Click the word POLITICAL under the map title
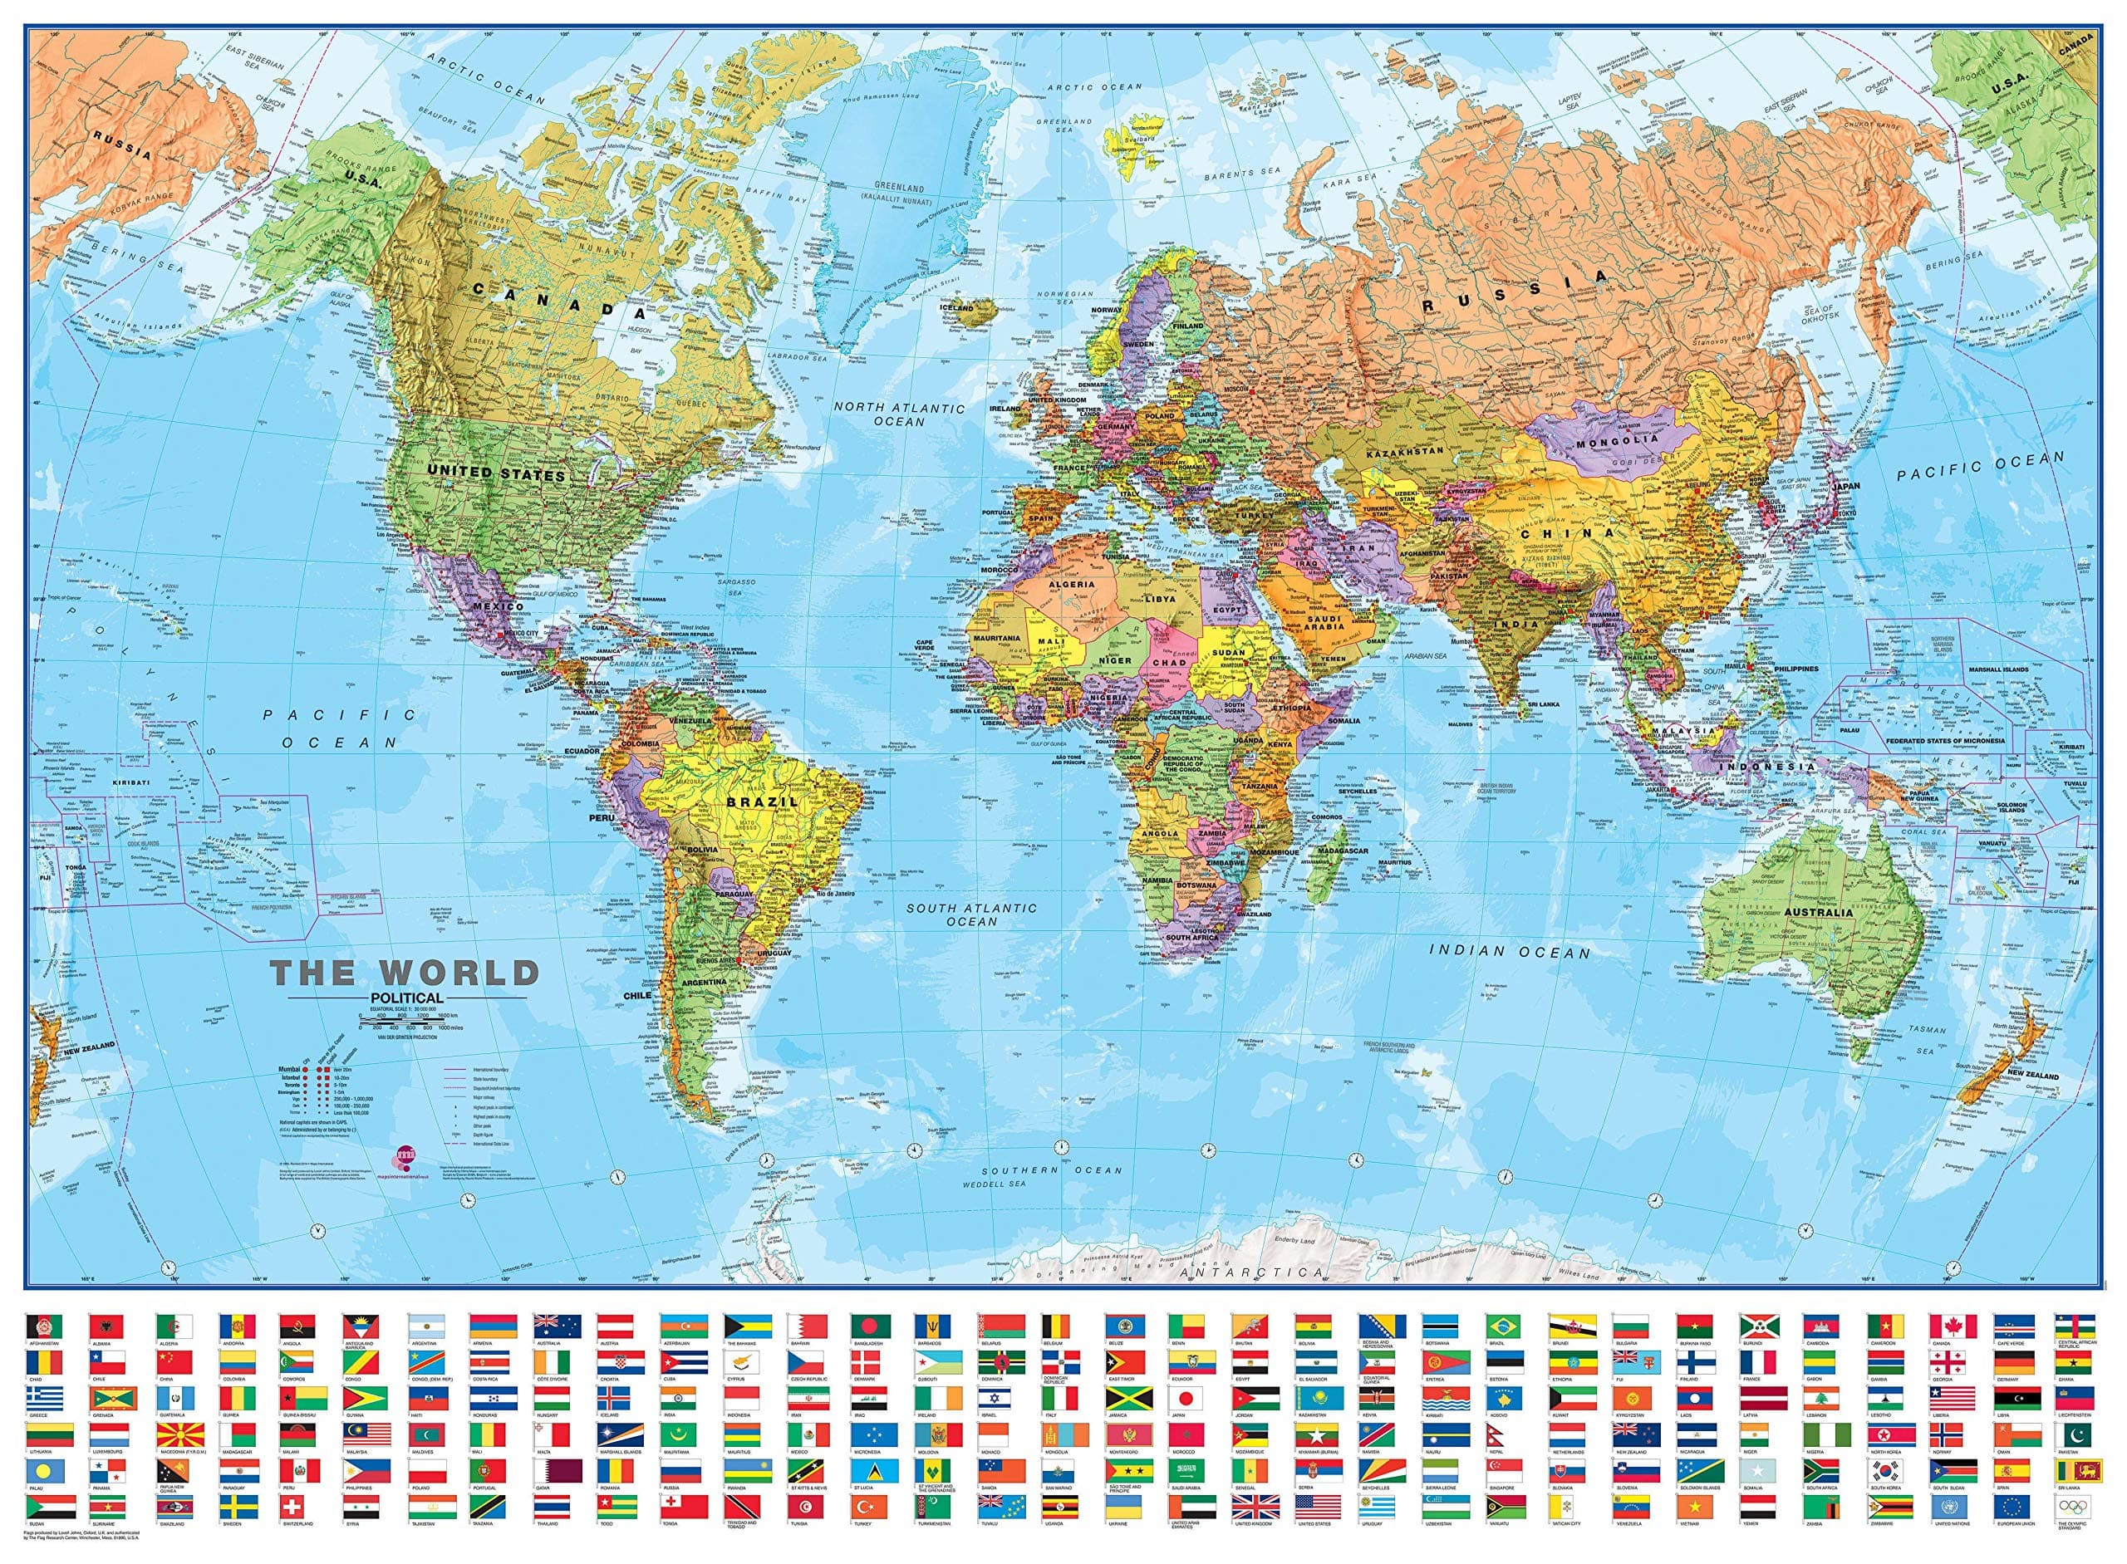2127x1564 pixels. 408,997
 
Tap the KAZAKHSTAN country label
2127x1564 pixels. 1405,452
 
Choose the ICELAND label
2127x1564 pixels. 956,307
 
